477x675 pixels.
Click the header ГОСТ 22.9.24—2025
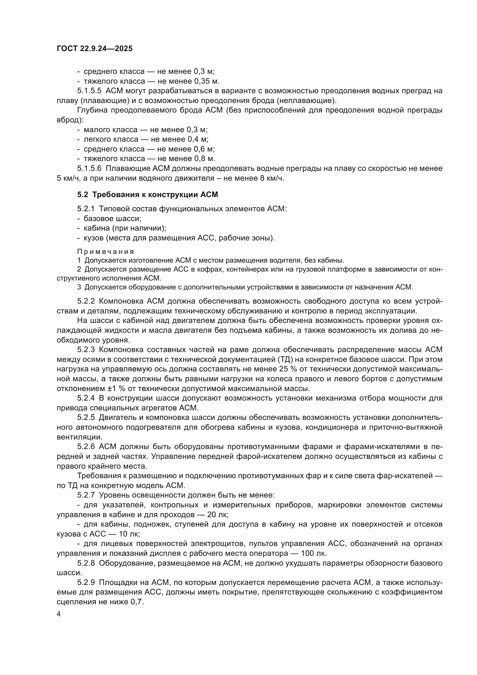(x=95, y=48)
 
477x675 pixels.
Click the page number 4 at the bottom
(x=59, y=614)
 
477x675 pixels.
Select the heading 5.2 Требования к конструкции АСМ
(x=147, y=195)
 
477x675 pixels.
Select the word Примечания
(x=106, y=252)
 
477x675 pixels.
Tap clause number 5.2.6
(x=86, y=446)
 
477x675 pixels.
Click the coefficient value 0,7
(x=137, y=602)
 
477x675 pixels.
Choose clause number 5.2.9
(x=86, y=582)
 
